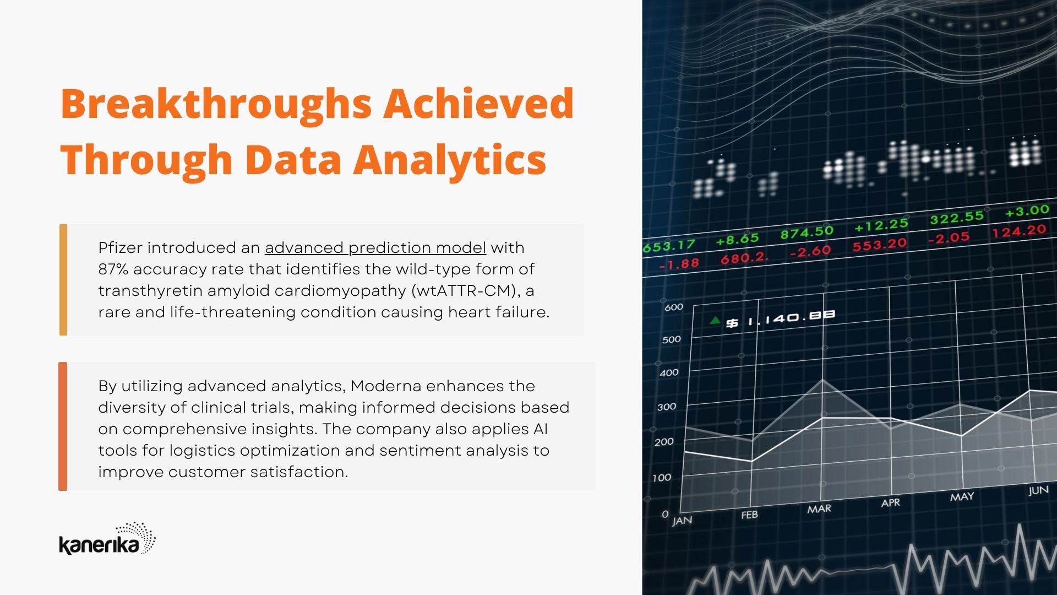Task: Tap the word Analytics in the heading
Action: (x=450, y=160)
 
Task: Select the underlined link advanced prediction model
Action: (x=375, y=248)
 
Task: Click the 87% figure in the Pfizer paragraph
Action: (x=113, y=269)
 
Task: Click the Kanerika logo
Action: (x=107, y=538)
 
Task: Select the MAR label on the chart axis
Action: (x=819, y=509)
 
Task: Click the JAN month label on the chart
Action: (x=682, y=521)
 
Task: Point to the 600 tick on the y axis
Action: (x=674, y=307)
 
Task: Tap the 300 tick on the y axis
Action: (x=667, y=407)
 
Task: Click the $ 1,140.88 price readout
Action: (x=780, y=318)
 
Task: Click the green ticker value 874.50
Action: (x=807, y=233)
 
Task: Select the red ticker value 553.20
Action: (x=879, y=244)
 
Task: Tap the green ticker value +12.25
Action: (x=881, y=225)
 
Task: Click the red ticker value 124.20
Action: (x=1019, y=231)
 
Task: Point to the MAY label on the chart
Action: (x=962, y=497)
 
